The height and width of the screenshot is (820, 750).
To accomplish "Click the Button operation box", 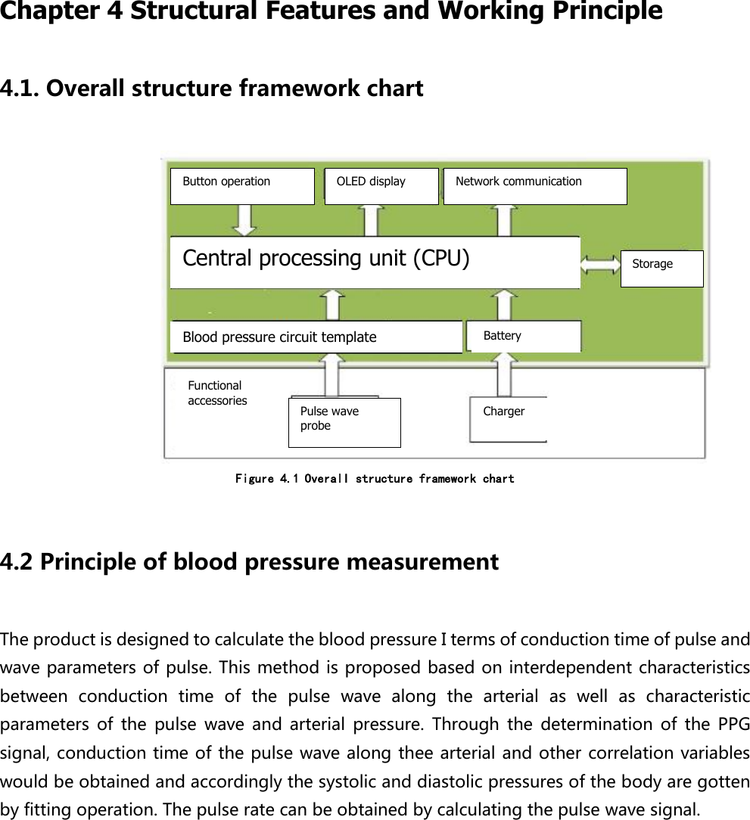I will [x=242, y=186].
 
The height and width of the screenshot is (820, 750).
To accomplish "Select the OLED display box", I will [x=381, y=186].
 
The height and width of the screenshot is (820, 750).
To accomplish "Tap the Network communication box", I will [x=535, y=186].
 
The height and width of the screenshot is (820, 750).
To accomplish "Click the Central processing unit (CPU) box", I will [x=375, y=262].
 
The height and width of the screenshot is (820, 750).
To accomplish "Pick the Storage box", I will [x=661, y=269].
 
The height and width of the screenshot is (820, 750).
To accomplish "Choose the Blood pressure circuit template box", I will [x=316, y=337].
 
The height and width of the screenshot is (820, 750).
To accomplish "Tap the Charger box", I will [x=508, y=419].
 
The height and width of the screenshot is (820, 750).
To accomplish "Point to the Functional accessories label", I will [x=217, y=393].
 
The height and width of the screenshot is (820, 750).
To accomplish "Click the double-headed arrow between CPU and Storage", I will [x=601, y=264].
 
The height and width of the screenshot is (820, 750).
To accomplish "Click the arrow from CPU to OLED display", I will [x=371, y=221].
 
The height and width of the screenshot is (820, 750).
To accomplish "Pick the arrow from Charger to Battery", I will [x=504, y=374].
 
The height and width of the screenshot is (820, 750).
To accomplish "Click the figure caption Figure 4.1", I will [x=375, y=479].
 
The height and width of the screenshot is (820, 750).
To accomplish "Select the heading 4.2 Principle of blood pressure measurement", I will [x=250, y=562].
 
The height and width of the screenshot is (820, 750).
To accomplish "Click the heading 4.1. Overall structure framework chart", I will [x=212, y=89].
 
